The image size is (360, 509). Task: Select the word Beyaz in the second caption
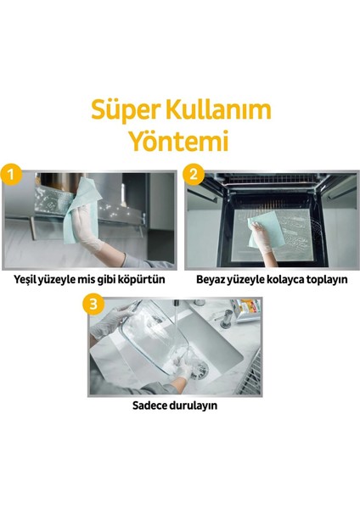click(x=213, y=278)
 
